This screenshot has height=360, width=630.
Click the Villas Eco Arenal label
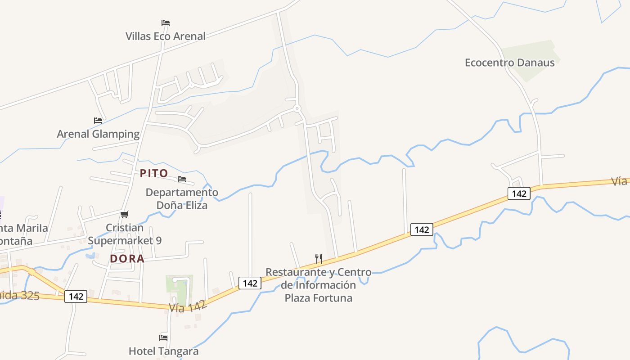[165, 36]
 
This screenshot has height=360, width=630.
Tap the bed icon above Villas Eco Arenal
[166, 22]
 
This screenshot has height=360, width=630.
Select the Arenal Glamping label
[98, 134]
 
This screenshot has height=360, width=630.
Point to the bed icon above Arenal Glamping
[98, 120]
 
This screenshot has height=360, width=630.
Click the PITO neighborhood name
[154, 173]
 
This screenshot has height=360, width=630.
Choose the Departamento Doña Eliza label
[182, 199]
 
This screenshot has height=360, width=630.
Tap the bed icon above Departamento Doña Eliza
[182, 179]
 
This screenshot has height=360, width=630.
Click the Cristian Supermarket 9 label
[125, 234]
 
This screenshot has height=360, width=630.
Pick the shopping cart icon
[125, 214]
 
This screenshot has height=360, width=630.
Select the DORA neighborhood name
[127, 259]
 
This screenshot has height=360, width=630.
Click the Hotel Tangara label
[163, 351]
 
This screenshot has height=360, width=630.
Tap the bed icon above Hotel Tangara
[163, 337]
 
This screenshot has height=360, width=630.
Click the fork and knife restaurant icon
[319, 258]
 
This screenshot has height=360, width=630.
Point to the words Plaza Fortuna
[319, 298]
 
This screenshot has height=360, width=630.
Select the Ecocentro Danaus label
[509, 63]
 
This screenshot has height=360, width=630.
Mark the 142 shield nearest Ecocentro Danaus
[519, 193]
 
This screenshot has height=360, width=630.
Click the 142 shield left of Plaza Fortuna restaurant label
[250, 283]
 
